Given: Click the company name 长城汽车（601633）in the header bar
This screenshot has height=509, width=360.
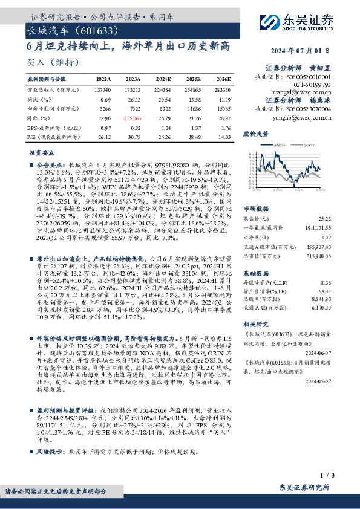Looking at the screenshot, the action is [67, 30].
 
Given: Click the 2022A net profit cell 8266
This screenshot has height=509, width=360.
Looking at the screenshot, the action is [104, 109].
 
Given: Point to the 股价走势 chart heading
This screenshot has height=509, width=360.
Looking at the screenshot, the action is [257, 132].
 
